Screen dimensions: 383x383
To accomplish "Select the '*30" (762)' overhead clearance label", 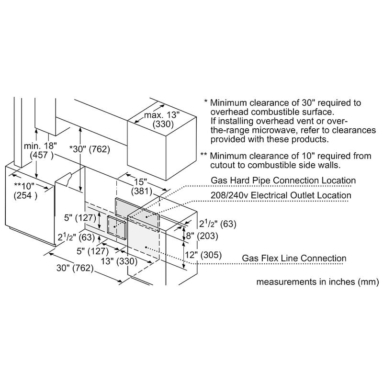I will [x=90, y=149].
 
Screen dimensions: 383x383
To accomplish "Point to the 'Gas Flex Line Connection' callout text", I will [x=293, y=259].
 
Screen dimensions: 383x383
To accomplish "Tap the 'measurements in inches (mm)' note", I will [x=318, y=282].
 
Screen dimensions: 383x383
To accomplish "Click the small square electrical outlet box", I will [x=116, y=226].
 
